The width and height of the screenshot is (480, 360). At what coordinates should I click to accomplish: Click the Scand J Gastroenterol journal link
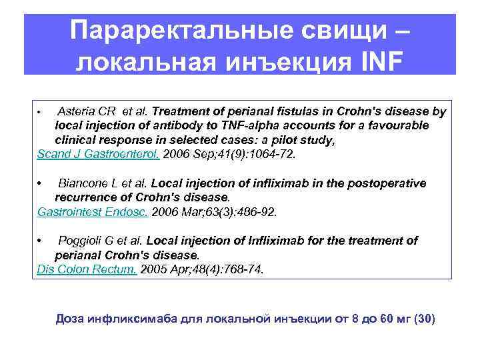tap(98, 154)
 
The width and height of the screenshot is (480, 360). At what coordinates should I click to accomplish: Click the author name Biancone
tap(81, 183)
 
